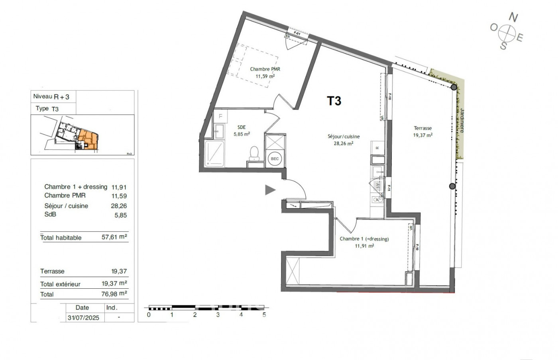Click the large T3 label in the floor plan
point(334,101)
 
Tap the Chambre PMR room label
point(265,69)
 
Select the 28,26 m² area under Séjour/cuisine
point(343,144)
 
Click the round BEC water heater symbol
point(275,158)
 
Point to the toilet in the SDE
point(254,154)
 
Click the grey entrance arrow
point(270,190)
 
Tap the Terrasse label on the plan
point(422,128)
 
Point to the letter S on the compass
point(504,46)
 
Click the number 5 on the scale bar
point(264,315)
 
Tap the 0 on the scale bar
point(149,315)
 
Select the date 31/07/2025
point(83,318)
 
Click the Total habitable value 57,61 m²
point(114,237)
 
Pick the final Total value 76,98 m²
point(114,294)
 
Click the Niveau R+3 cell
point(51,96)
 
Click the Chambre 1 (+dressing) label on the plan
point(364,239)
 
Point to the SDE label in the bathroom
point(242,127)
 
